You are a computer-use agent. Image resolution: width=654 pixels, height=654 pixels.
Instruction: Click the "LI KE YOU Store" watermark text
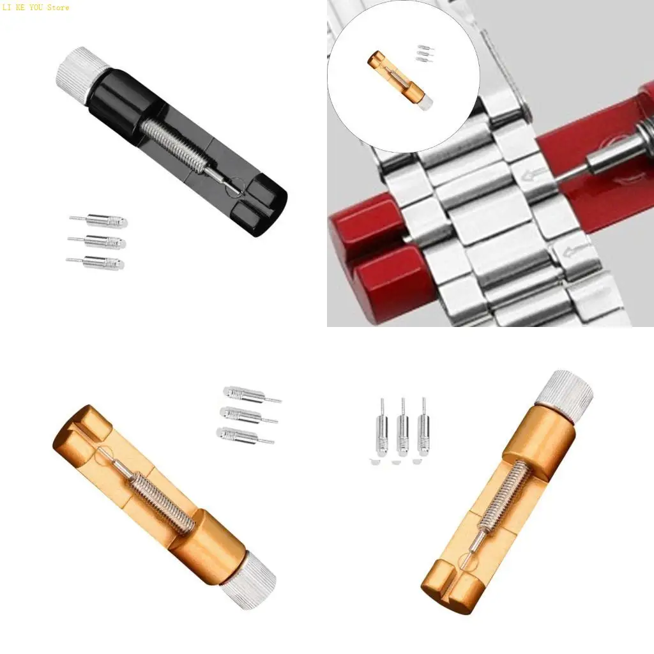[x=35, y=8]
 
